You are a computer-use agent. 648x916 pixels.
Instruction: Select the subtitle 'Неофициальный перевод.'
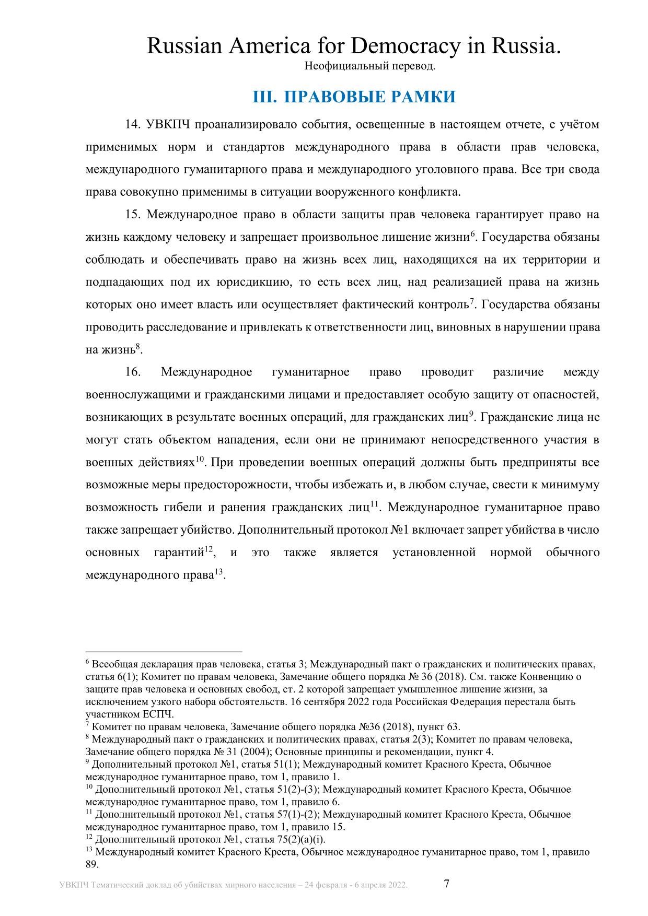[x=370, y=66]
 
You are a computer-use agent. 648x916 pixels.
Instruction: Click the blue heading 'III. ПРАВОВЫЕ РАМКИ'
[x=354, y=97]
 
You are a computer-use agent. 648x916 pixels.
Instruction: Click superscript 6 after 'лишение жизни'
[x=472, y=234]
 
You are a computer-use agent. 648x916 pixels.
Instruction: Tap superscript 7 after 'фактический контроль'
[x=471, y=301]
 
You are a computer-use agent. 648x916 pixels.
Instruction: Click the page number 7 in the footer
[x=446, y=884]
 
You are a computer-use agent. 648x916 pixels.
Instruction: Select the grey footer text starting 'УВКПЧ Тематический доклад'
[x=234, y=885]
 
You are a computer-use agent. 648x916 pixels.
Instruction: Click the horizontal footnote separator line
[x=164, y=652]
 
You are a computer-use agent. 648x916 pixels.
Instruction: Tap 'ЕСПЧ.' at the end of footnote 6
[x=160, y=714]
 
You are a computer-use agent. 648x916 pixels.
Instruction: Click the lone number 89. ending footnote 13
[x=92, y=864]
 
